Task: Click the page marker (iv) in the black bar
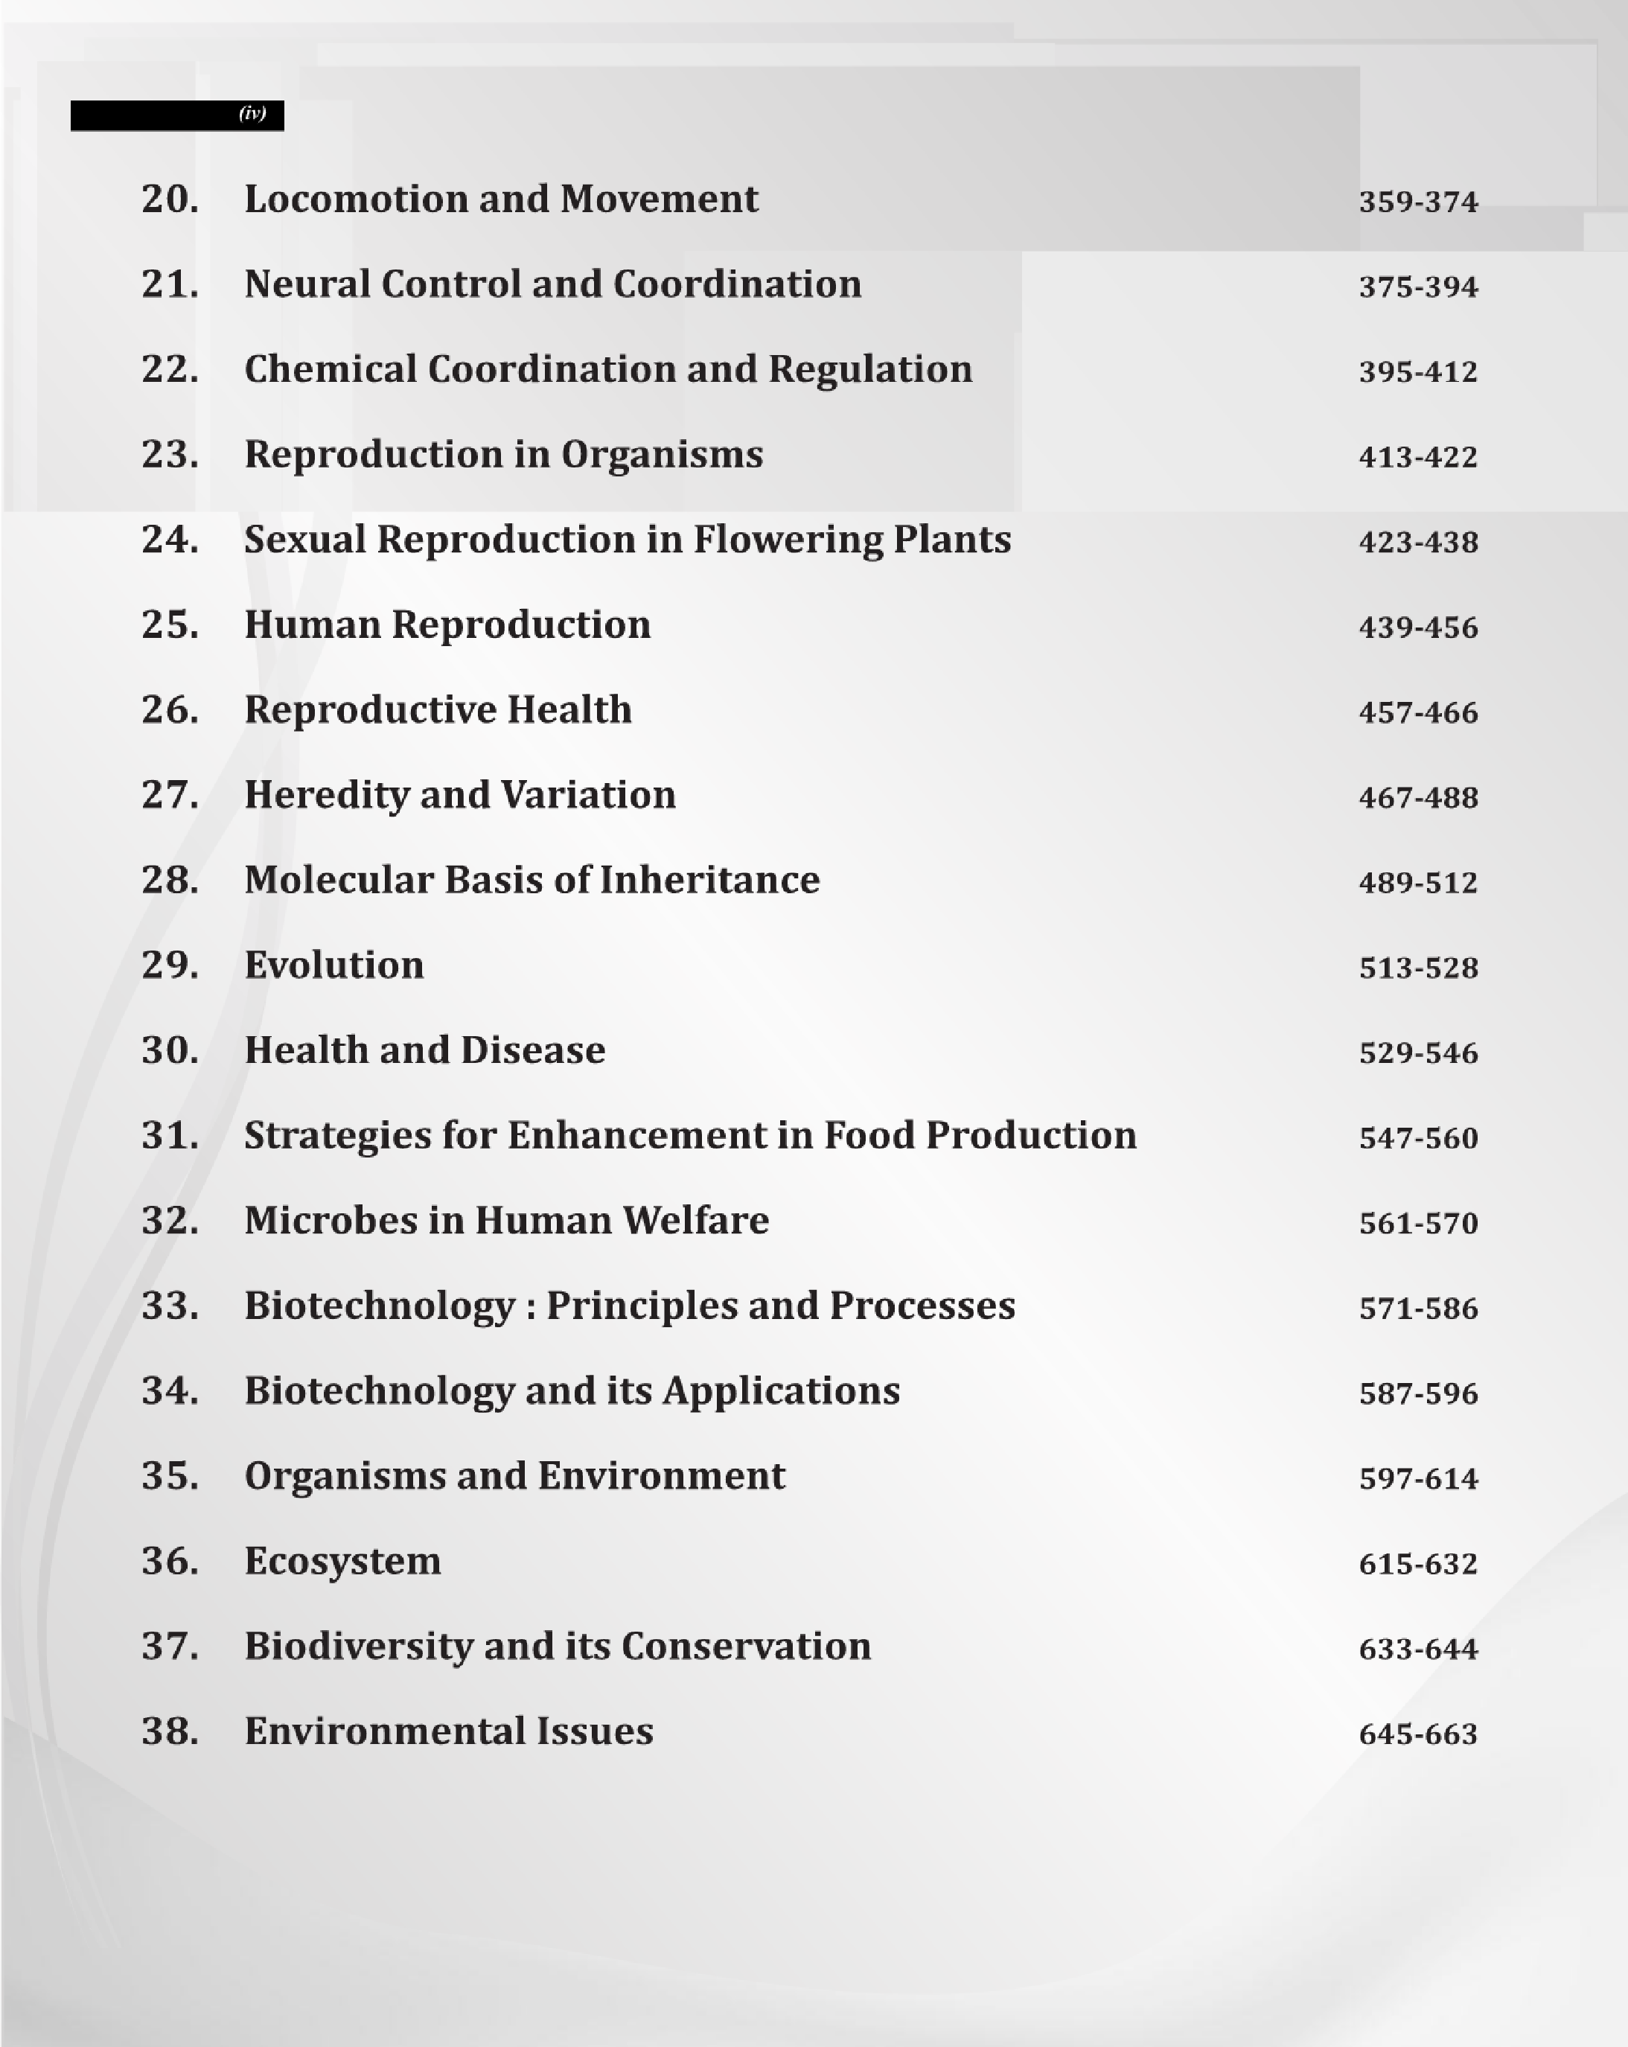pos(252,114)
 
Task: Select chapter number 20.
pos(170,199)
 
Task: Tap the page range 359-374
pos(1418,202)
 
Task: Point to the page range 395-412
pos(1418,372)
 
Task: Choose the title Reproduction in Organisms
pos(503,455)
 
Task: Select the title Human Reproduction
pos(447,625)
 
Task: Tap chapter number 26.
pos(170,710)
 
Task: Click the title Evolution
pos(333,965)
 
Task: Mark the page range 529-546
pos(1418,1053)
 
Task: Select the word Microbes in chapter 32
pos(330,1221)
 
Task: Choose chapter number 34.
pos(170,1391)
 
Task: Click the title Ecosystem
pos(342,1562)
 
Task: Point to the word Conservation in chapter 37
pos(745,1647)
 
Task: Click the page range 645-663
pos(1418,1734)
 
